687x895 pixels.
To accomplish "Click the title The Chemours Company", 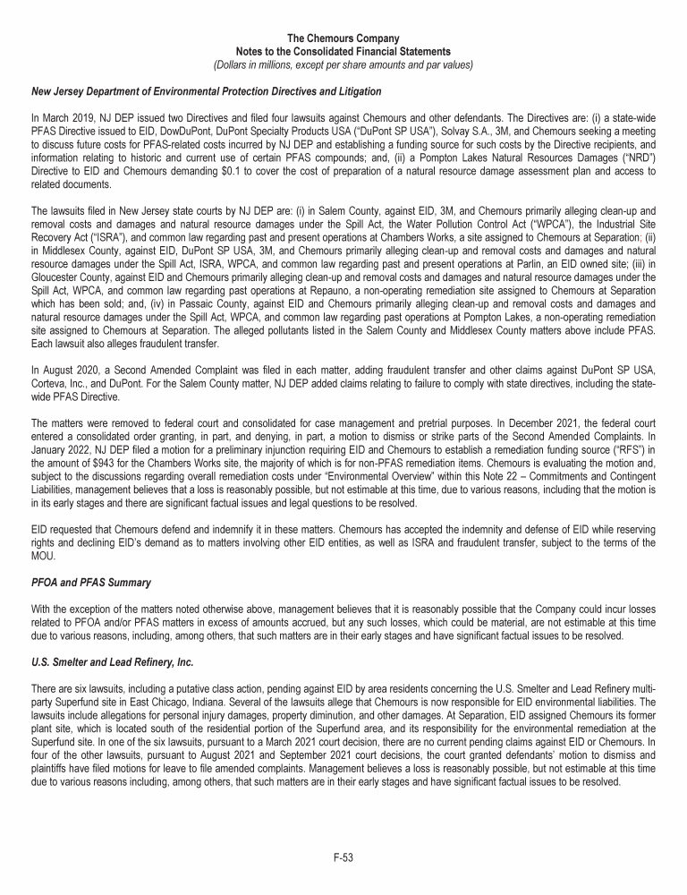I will tap(343, 38).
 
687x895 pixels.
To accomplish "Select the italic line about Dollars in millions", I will tap(343, 64).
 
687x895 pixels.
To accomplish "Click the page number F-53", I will tap(343, 857).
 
